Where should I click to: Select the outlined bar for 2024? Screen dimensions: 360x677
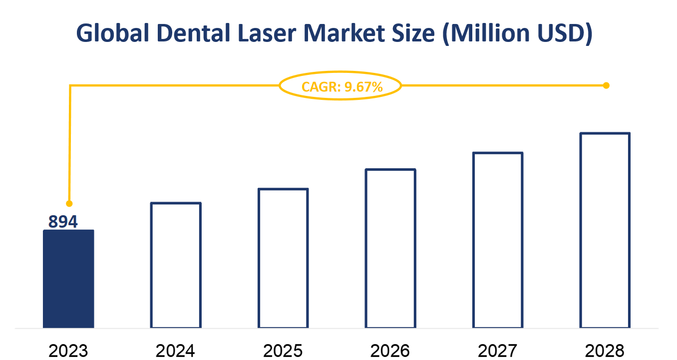click(x=176, y=265)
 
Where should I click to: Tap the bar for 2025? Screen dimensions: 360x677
click(x=283, y=258)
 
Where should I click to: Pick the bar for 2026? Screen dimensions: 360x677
click(x=390, y=249)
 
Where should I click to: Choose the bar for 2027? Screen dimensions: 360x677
click(x=498, y=240)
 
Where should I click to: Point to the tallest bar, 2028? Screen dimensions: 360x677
click(x=605, y=231)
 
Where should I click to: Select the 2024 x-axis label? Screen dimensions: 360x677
click(x=175, y=351)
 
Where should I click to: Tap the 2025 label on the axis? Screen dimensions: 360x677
click(x=283, y=351)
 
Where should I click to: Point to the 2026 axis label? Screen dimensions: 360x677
click(x=390, y=351)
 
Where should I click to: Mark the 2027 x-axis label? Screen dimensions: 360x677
click(x=498, y=351)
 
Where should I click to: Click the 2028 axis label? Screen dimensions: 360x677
click(x=605, y=351)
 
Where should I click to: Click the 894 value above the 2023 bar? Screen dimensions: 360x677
click(x=63, y=221)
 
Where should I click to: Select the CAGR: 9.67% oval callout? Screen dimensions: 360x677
click(x=340, y=86)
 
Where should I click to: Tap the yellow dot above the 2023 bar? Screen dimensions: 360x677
click(x=69, y=204)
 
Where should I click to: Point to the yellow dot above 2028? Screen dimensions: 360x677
click(x=606, y=85)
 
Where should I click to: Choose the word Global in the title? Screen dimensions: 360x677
click(x=106, y=33)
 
